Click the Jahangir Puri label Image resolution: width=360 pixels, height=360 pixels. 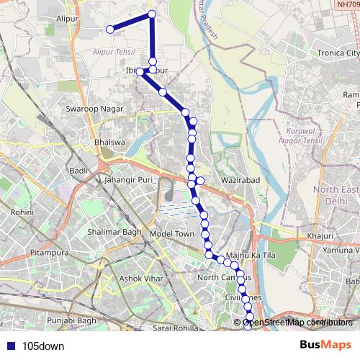click(x=129, y=180)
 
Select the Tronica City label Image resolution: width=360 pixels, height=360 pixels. click(x=334, y=53)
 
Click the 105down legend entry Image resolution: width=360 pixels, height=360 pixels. click(x=42, y=346)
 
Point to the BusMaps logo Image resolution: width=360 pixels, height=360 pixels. click(x=326, y=345)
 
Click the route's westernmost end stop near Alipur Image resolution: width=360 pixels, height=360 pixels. click(x=110, y=30)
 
